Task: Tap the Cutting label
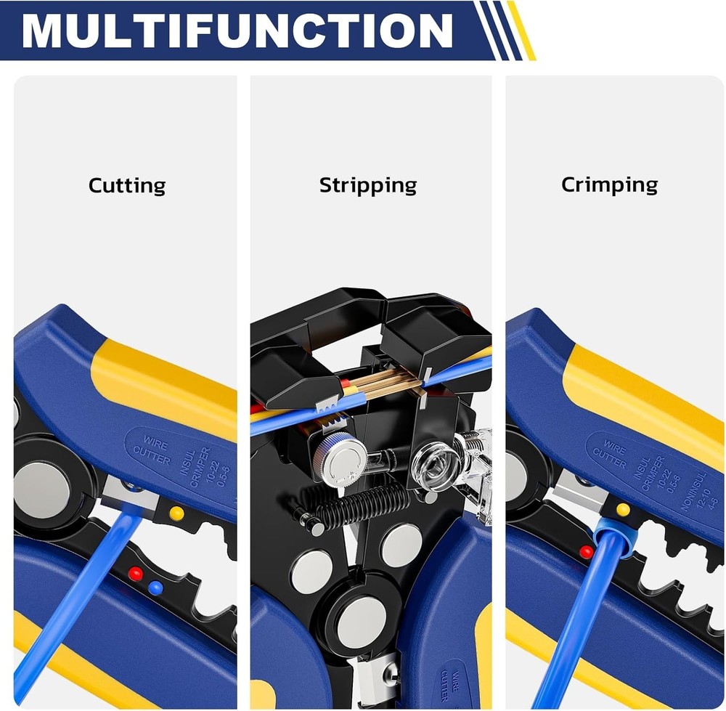pos(127,186)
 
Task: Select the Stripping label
pos(368,186)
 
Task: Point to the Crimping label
pos(609,184)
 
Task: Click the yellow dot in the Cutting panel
pos(176,513)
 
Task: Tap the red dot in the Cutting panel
pos(134,574)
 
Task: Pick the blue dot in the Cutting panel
pos(154,588)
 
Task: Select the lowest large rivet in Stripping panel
pos(361,621)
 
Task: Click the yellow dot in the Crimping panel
pos(622,509)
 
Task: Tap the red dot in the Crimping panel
pos(586,552)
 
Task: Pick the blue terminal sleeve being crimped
pos(609,537)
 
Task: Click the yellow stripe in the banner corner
pos(521,30)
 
